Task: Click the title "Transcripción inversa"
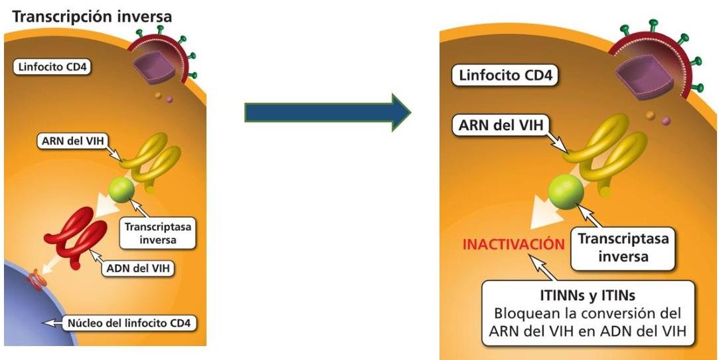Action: (92, 16)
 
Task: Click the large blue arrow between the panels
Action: (328, 112)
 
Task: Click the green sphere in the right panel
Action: (566, 193)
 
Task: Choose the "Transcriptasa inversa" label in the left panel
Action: (157, 232)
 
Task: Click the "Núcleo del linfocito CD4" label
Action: (129, 325)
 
